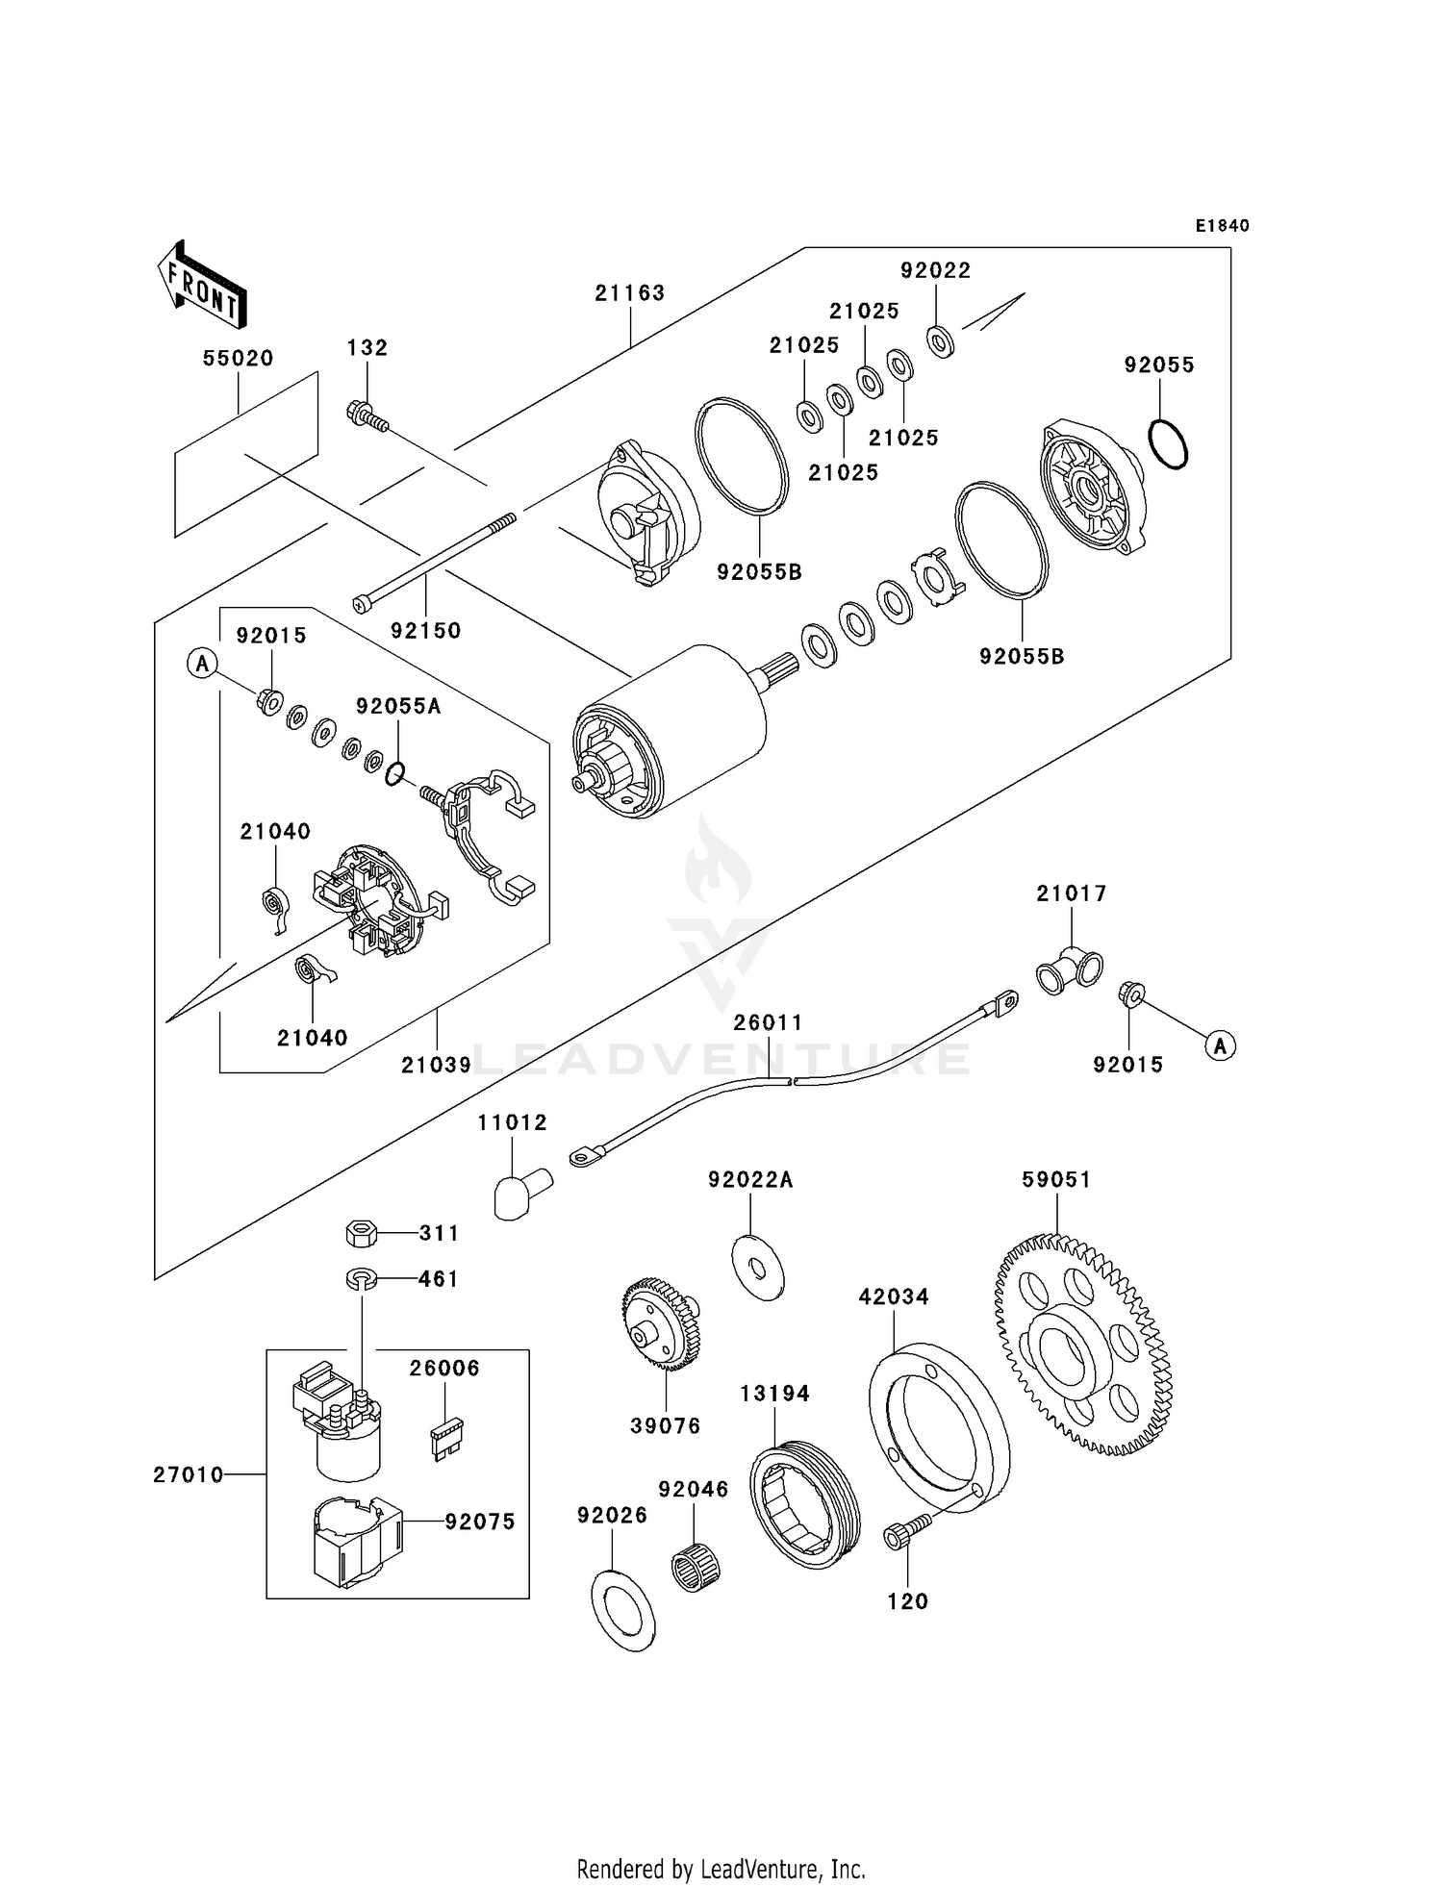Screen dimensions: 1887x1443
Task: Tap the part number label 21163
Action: (x=629, y=292)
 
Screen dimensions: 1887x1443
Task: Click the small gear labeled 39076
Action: (x=661, y=1321)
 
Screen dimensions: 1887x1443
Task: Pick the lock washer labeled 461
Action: (x=361, y=1278)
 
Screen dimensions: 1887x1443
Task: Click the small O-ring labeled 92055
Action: (x=1168, y=444)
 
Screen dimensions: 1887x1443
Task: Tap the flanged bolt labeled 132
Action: (x=367, y=416)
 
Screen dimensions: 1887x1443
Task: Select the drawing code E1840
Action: (x=1222, y=226)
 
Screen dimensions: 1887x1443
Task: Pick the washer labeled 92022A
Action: (x=757, y=1268)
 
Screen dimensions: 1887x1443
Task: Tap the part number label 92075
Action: (x=479, y=1521)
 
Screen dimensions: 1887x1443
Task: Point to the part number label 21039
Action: (x=436, y=1065)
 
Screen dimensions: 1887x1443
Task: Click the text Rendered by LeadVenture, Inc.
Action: (x=721, y=1869)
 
